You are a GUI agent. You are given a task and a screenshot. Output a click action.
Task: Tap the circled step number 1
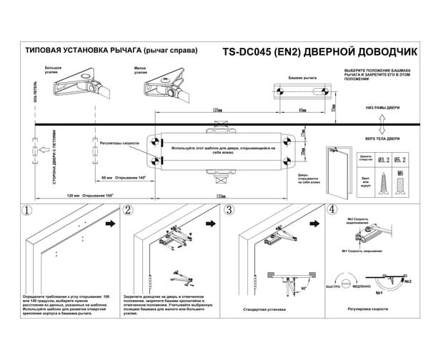[26, 211]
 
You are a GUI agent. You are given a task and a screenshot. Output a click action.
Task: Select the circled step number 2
[128, 211]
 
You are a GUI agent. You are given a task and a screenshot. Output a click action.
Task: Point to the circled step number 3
[229, 211]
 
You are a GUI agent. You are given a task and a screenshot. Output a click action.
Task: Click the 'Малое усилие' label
[140, 70]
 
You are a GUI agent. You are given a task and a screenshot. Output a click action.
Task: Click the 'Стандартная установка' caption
[265, 310]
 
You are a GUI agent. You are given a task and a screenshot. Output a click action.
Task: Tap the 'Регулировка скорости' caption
[368, 310]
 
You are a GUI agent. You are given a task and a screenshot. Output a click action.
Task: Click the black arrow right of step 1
[112, 223]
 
